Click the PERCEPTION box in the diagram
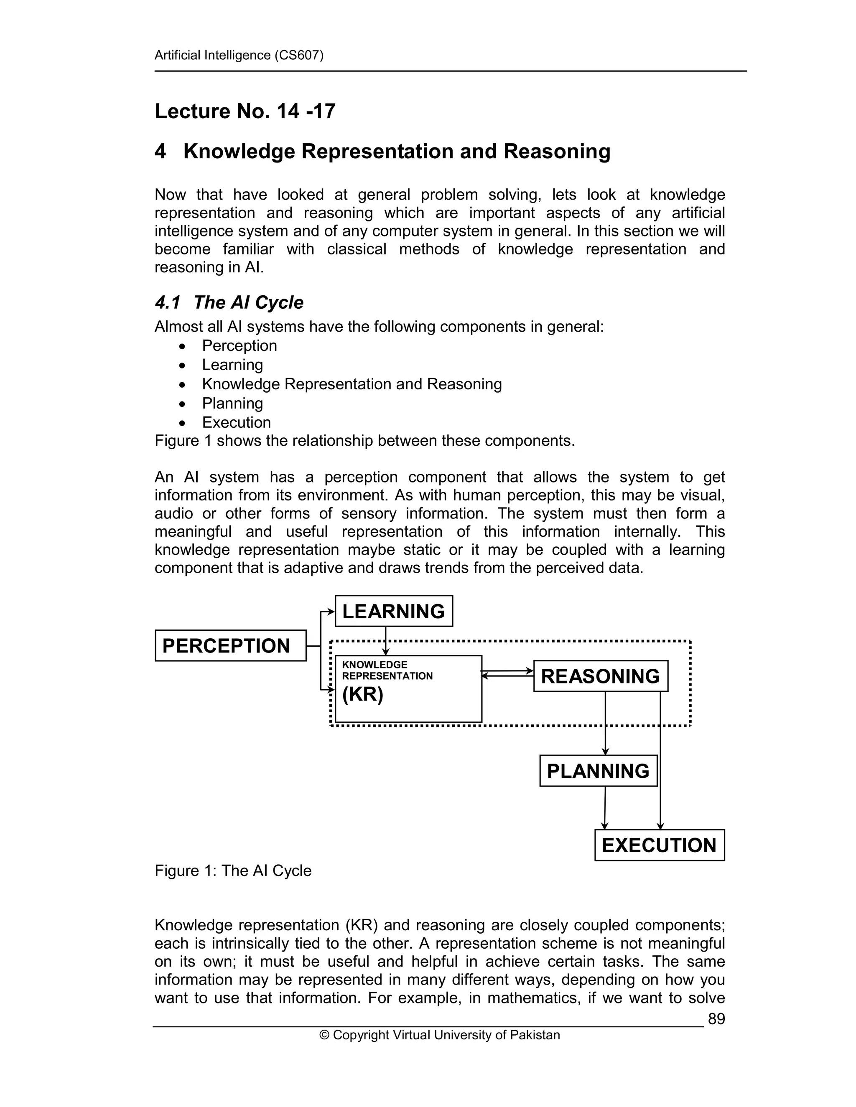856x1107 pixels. (230, 645)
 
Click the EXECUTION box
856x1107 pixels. (659, 845)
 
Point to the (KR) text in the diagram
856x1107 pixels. (362, 694)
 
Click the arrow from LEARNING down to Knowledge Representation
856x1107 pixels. (385, 641)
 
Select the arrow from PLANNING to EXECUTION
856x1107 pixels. (604, 807)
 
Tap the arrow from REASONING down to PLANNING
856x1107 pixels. (605, 722)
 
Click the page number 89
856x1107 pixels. (716, 1019)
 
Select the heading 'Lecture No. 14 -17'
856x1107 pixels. (245, 111)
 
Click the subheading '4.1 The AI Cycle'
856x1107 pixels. (229, 302)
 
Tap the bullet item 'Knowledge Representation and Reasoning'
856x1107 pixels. (352, 384)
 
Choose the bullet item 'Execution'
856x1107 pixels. (236, 422)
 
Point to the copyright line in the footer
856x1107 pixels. (439, 1034)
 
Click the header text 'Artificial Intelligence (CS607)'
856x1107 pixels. (239, 55)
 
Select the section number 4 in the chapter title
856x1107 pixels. (160, 151)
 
